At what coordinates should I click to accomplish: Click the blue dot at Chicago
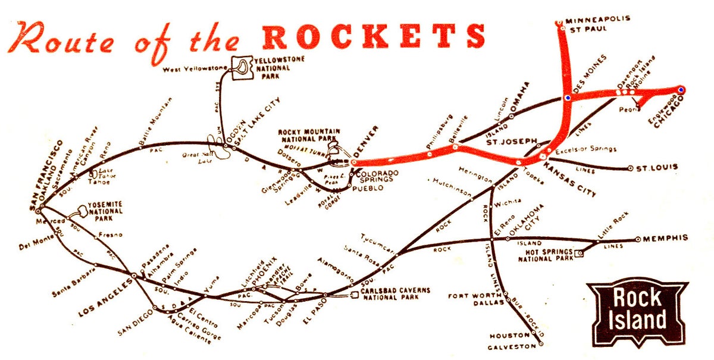click(x=681, y=90)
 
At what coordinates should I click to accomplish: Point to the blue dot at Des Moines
click(x=568, y=97)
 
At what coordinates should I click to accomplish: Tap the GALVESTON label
click(x=511, y=347)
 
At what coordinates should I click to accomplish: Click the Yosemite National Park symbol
click(x=79, y=211)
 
